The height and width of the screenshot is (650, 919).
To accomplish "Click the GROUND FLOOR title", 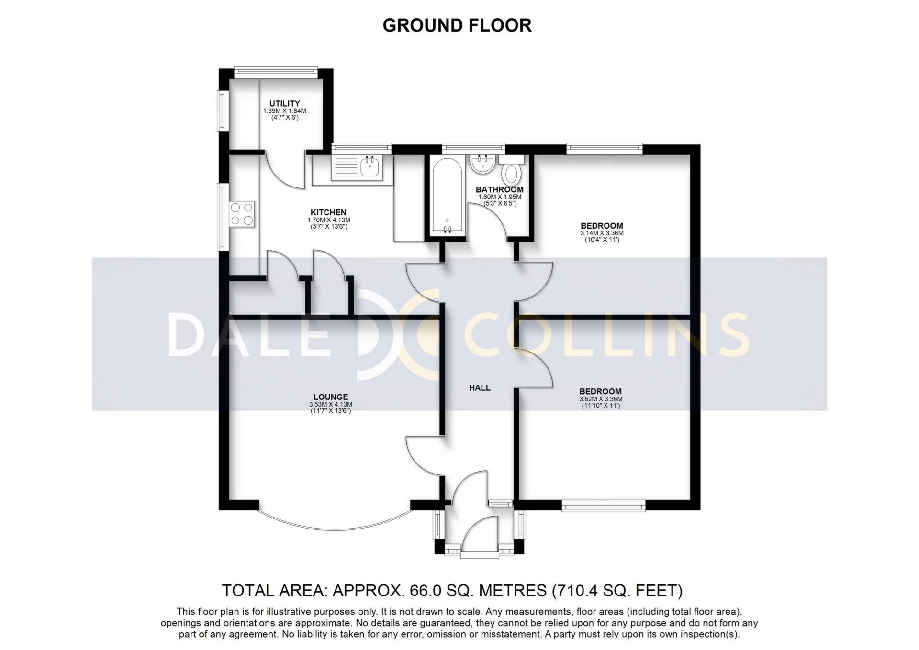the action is pos(457,25).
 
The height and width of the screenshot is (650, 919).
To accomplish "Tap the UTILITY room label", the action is pos(284,103).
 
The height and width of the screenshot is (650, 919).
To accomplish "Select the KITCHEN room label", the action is pos(328,212).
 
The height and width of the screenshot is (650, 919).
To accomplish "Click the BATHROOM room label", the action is pos(500,189).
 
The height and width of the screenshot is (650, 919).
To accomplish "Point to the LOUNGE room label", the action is pos(331,397).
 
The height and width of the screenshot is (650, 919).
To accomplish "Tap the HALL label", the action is pos(480,388).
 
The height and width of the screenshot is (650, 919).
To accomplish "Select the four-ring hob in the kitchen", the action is pos(242,214).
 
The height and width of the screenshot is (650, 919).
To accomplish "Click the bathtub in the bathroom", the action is pos(447,196).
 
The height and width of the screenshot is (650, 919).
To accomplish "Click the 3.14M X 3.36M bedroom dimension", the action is pos(602,233).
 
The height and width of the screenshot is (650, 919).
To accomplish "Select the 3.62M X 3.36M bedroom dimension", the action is pos(601,399).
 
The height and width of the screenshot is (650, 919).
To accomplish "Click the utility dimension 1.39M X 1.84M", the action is pos(284,111).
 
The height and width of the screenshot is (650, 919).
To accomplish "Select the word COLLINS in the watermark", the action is pos(605,333).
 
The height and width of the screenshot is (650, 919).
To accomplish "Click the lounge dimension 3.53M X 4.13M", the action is pos(331,404).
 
